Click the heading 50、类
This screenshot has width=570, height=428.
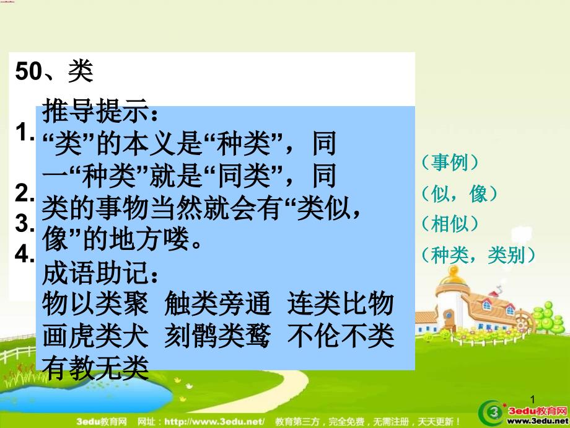pos(54,71)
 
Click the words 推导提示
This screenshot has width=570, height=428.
pos(95,111)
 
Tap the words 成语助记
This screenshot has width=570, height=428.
pos(95,273)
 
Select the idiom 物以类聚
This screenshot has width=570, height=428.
pos(95,304)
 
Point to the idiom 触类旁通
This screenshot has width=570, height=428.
pos(217,304)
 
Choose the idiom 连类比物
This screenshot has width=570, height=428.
pos(341,304)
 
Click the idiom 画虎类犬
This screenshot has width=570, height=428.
pos(95,336)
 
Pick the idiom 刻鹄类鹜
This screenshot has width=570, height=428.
pos(217,336)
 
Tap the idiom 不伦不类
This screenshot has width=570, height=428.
pos(341,336)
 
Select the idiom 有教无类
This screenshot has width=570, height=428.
pos(95,368)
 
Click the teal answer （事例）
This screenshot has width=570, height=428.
pos(450,163)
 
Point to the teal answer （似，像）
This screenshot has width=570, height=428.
pos(459,194)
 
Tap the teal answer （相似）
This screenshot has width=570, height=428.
pos(450,223)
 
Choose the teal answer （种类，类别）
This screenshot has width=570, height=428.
pos(478,255)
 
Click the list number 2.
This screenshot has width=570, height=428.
pos(25,193)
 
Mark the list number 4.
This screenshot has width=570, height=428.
pos(25,254)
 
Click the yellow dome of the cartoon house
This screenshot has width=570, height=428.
pos(453,276)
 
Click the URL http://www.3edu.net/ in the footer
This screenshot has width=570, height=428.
pos(214,422)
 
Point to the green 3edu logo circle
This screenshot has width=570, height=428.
pos(492,413)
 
